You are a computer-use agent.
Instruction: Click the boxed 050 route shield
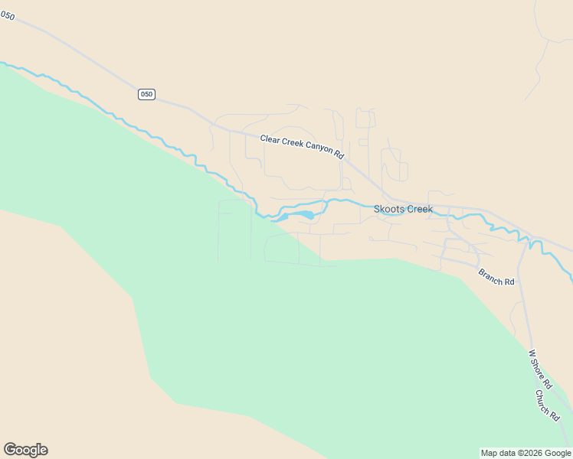point(146,94)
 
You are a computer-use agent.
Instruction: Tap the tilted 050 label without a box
point(8,15)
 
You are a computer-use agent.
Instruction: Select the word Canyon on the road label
point(320,148)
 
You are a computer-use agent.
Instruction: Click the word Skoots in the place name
point(389,209)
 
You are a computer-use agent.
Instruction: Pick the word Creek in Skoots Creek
point(419,209)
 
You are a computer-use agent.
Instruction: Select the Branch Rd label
point(496,277)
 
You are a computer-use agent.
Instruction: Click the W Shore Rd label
point(540,369)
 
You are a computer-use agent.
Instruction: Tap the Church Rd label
point(547,404)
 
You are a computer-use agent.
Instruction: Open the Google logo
point(25,450)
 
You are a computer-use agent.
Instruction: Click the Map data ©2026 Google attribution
point(526,453)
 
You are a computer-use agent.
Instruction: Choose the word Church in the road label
point(544,400)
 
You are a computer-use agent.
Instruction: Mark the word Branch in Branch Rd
point(491,275)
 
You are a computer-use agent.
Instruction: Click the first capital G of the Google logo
point(10,450)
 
